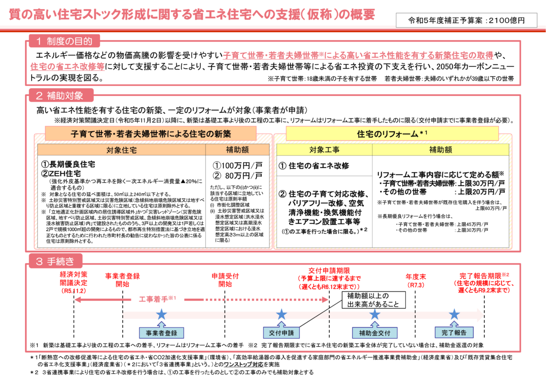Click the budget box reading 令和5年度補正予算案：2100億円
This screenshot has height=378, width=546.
point(466,20)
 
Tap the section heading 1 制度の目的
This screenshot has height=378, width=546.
point(64,41)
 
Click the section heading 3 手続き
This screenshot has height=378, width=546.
point(56,261)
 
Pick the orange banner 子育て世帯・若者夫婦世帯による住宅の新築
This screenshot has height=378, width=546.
point(150,134)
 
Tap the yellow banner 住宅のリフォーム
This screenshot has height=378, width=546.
point(392,134)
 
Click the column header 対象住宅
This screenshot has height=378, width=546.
point(121,150)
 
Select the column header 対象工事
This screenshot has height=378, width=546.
point(324,150)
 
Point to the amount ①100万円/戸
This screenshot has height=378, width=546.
point(238,165)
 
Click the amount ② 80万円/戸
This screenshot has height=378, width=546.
point(238,176)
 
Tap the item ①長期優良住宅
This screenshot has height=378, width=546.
point(68,164)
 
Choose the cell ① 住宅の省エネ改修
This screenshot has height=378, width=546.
point(314,166)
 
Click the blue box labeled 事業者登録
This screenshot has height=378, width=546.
point(161,333)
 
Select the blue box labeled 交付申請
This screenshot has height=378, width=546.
point(282,333)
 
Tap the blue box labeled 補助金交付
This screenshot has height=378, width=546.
point(375,333)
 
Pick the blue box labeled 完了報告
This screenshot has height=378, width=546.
point(454,333)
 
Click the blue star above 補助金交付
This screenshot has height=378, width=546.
point(375,314)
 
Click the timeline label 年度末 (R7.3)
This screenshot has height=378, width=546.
point(416,281)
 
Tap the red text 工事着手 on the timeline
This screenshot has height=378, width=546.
point(157,299)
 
